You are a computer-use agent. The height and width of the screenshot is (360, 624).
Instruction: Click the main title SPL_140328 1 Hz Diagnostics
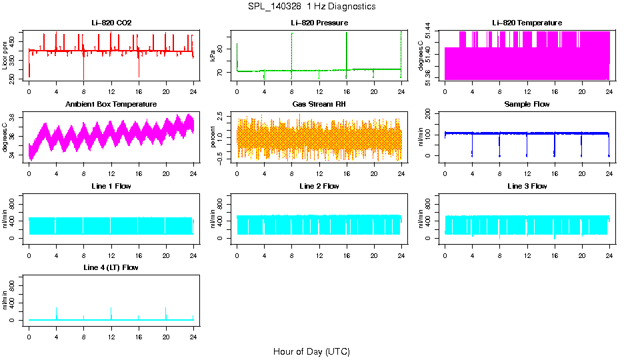tap(311, 6)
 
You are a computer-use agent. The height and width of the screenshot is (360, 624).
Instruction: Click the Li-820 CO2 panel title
tap(111, 23)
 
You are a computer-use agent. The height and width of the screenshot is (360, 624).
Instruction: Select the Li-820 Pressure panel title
tap(319, 23)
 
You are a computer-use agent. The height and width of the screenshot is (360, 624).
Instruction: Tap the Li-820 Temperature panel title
tap(527, 23)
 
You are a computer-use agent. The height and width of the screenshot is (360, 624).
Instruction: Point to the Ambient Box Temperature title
tap(111, 104)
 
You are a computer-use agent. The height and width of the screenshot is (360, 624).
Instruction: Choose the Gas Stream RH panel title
tap(319, 104)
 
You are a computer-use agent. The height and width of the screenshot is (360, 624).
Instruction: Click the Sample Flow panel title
tap(527, 104)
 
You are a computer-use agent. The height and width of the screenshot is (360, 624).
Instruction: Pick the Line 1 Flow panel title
tap(111, 186)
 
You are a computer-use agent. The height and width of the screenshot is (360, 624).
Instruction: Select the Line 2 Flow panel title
tap(319, 186)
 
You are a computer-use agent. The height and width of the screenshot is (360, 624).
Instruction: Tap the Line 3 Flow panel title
tap(527, 186)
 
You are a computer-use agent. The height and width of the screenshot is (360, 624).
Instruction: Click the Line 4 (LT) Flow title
tap(111, 267)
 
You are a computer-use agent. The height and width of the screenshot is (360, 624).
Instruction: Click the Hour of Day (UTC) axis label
tap(311, 351)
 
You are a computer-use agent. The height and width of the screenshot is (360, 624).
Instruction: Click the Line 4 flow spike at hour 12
tap(111, 312)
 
